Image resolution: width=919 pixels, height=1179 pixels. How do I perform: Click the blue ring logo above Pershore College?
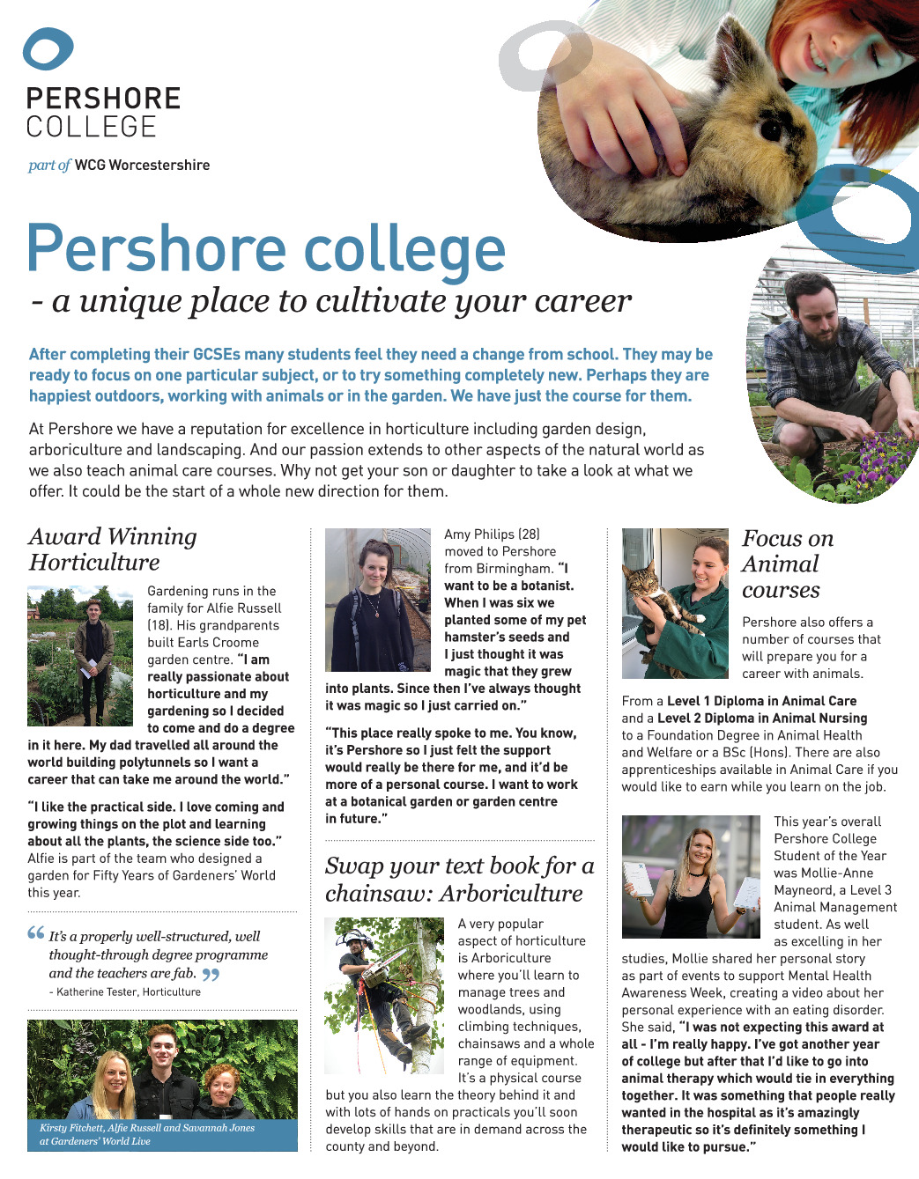pos(48,48)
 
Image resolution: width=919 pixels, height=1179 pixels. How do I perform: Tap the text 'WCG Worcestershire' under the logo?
pos(142,166)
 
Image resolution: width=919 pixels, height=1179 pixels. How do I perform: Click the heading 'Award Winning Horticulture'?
pos(112,549)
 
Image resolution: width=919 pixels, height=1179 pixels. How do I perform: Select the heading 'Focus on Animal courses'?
pos(786,564)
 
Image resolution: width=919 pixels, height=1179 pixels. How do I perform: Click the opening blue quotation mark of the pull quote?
pos(35,933)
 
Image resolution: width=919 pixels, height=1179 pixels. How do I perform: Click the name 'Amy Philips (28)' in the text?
pos(492,534)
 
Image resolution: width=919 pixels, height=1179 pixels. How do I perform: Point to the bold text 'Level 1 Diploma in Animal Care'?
pos(761,701)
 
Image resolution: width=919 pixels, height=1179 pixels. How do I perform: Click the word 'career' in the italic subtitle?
pos(582,301)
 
